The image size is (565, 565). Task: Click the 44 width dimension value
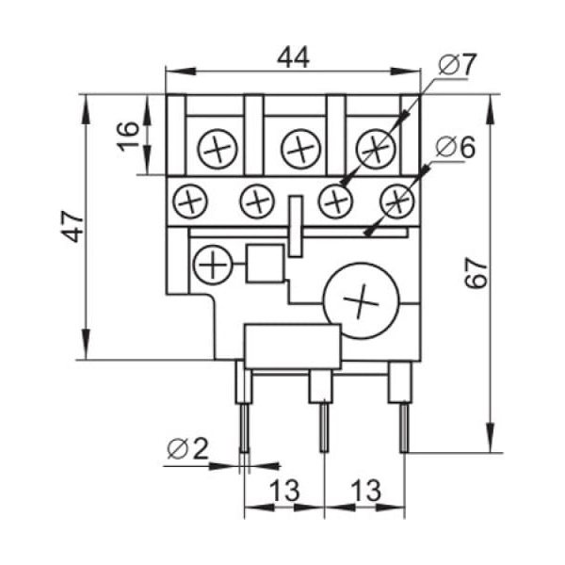[293, 57]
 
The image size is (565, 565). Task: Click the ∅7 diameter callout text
[459, 65]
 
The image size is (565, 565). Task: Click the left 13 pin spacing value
[283, 491]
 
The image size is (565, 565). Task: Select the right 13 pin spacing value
[365, 491]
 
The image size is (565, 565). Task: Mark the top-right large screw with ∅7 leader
[377, 147]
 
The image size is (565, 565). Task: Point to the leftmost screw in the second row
[192, 200]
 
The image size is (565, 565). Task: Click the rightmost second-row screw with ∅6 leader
[397, 200]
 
